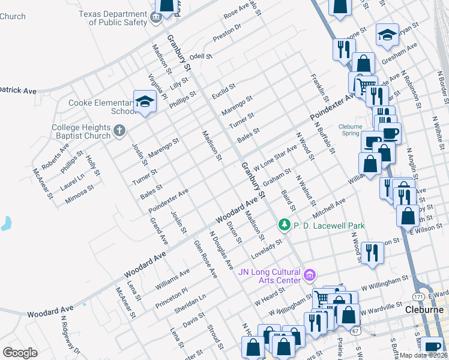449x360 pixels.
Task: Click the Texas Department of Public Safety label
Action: [118, 18]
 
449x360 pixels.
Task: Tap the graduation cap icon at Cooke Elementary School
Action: [145, 103]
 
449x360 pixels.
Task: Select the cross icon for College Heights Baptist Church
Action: [119, 130]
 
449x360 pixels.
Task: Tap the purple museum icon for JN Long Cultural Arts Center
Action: [310, 275]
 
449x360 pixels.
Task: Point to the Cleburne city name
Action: [424, 310]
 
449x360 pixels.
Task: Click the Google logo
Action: [20, 353]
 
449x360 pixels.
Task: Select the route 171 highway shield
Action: [419, 297]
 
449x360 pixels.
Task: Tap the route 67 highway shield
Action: [355, 331]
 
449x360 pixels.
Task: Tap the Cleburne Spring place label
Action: [350, 130]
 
